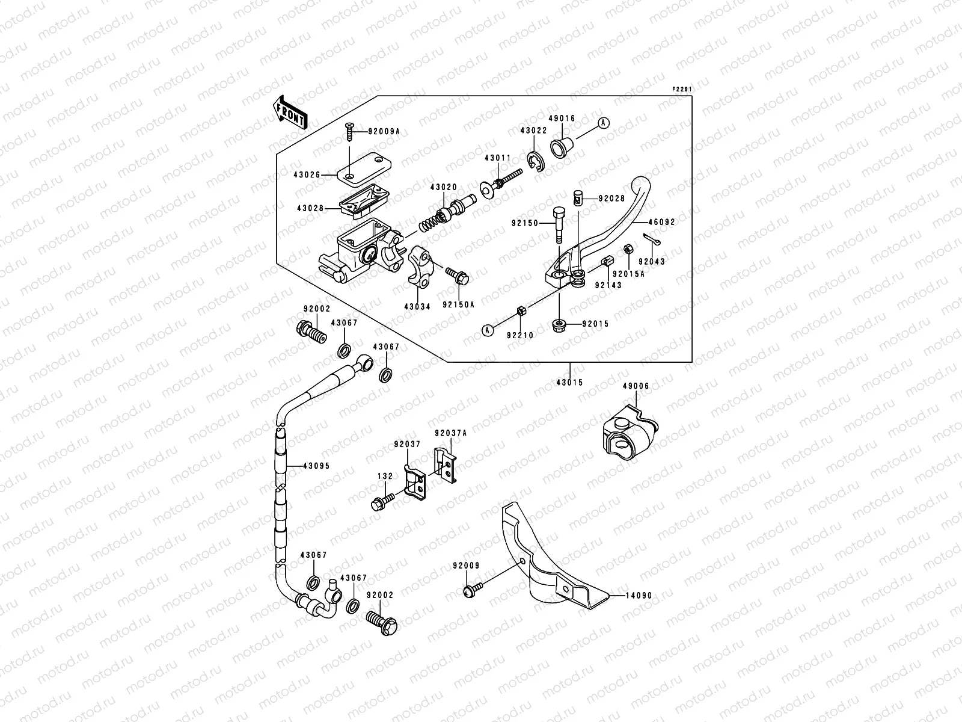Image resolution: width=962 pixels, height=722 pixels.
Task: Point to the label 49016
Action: click(x=562, y=119)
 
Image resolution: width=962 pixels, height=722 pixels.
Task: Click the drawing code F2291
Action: click(x=682, y=90)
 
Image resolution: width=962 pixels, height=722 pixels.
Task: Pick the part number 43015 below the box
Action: click(x=569, y=383)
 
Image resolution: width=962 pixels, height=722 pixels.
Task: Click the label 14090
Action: click(x=638, y=596)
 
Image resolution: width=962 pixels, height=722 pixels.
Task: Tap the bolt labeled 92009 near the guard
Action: click(x=471, y=591)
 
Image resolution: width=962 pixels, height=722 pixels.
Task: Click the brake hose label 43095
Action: click(x=316, y=466)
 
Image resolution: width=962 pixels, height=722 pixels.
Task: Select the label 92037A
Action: click(x=451, y=433)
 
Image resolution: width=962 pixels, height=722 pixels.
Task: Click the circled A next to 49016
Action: click(x=604, y=123)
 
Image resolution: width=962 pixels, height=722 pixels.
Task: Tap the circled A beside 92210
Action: click(x=488, y=329)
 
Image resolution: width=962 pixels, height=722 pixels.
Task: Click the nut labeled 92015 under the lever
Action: click(x=558, y=325)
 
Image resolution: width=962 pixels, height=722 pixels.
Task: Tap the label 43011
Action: click(x=498, y=158)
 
